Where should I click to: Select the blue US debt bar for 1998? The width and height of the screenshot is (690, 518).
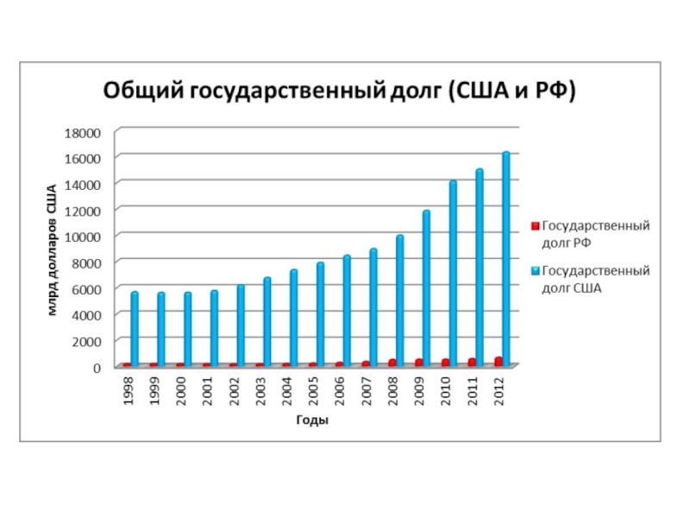tap(135, 328)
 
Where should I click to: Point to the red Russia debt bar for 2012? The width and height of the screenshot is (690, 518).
tap(499, 361)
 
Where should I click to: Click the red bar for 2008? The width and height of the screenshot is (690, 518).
tap(392, 363)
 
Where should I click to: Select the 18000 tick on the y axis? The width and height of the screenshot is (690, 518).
tap(84, 132)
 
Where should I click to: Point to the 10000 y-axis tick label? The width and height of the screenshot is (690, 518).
tap(84, 237)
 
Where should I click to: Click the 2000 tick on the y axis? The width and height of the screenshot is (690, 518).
tap(87, 341)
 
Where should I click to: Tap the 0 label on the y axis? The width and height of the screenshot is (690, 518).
tap(97, 367)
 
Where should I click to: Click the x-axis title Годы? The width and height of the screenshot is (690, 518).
tap(312, 420)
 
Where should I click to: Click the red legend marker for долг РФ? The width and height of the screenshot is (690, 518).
tap(534, 226)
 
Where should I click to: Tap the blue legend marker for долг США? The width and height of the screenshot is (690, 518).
tap(534, 271)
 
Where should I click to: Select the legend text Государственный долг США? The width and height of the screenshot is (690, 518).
tap(595, 279)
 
